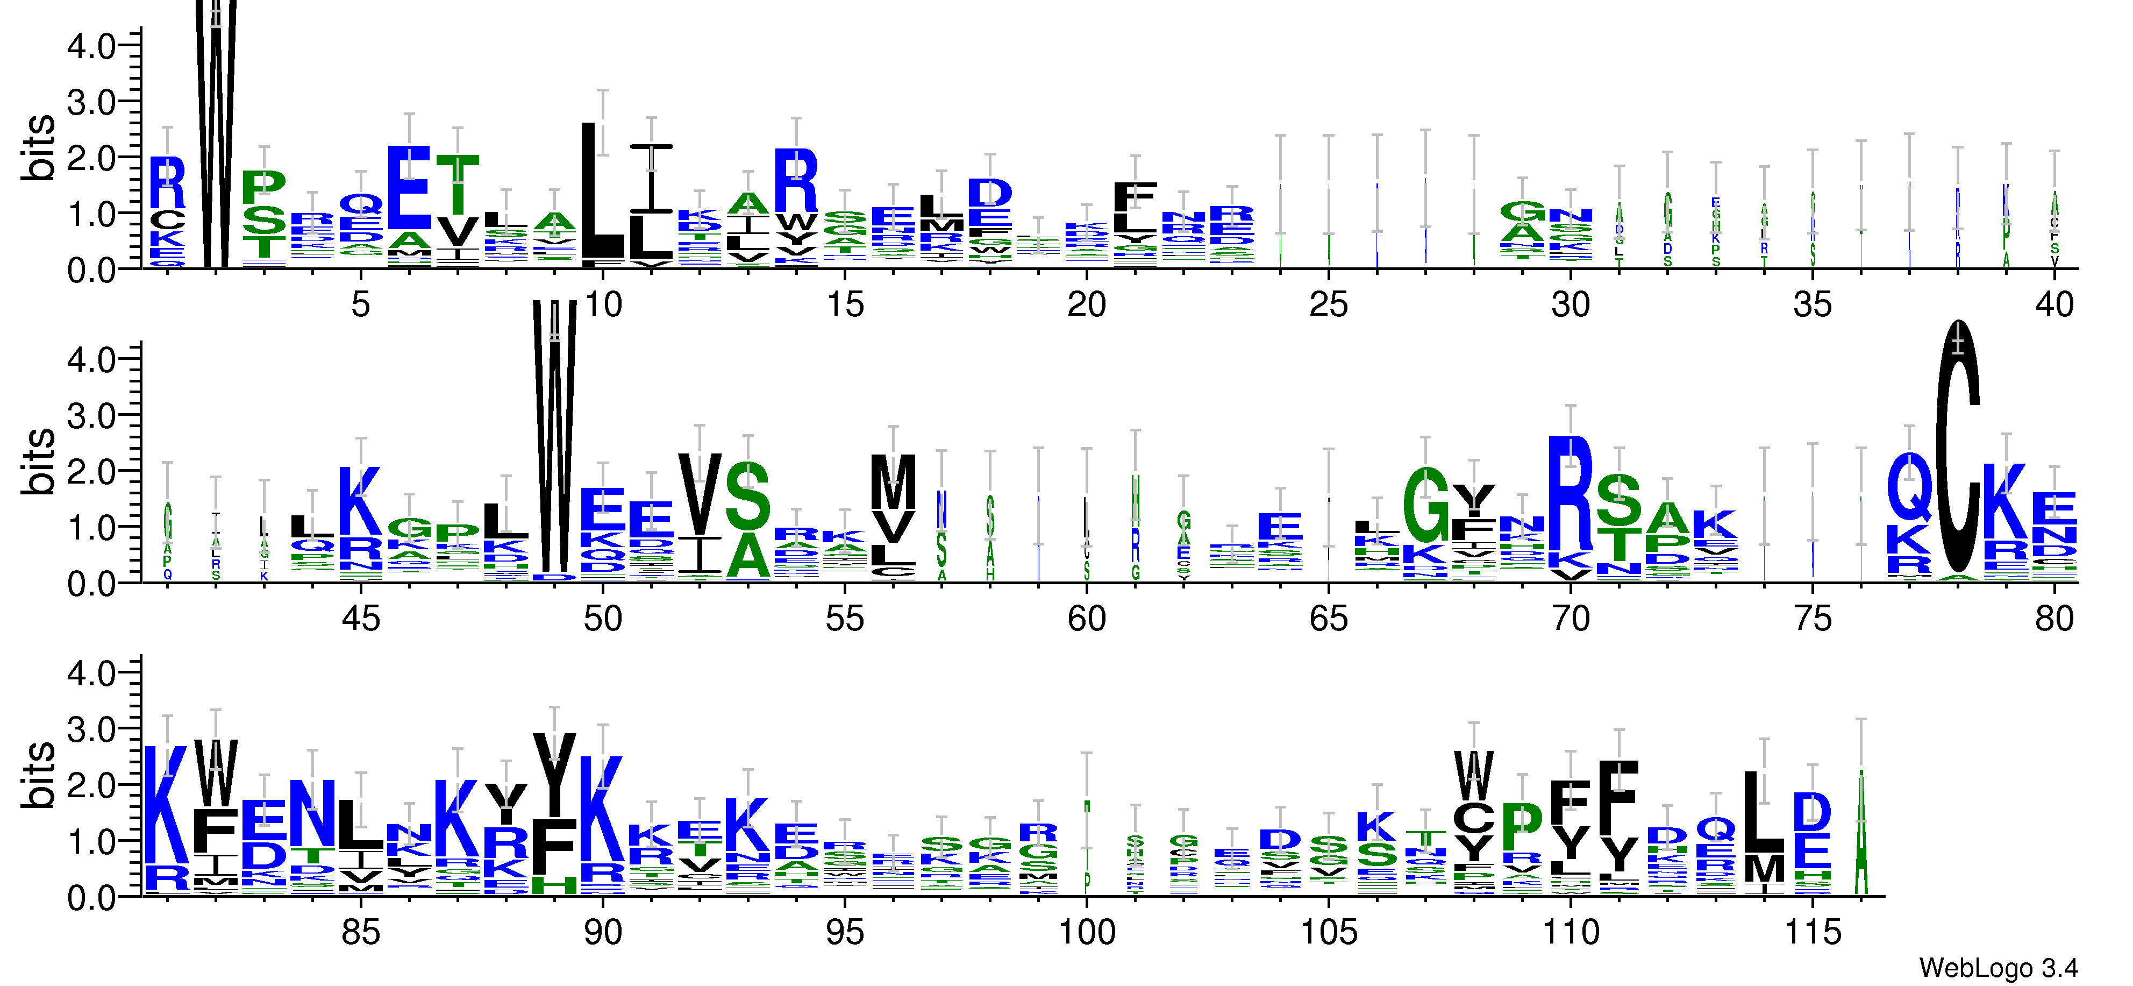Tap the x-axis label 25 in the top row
[1328, 305]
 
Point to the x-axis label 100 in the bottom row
[1086, 932]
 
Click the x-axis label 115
[1811, 932]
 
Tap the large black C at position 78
[1958, 448]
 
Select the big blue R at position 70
[1570, 493]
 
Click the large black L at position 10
[602, 190]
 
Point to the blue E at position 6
[409, 188]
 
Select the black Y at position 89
[554, 775]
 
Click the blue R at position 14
[796, 181]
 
